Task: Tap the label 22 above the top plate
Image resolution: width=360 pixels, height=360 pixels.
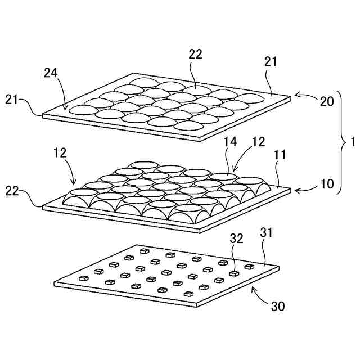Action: tap(195, 54)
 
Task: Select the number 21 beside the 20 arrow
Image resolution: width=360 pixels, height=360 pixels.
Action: tap(271, 62)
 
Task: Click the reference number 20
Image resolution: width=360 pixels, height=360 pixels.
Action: tap(327, 101)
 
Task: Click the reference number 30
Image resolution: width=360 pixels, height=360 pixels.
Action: tap(278, 307)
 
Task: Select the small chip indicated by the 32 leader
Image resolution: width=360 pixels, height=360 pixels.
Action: tap(234, 273)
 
